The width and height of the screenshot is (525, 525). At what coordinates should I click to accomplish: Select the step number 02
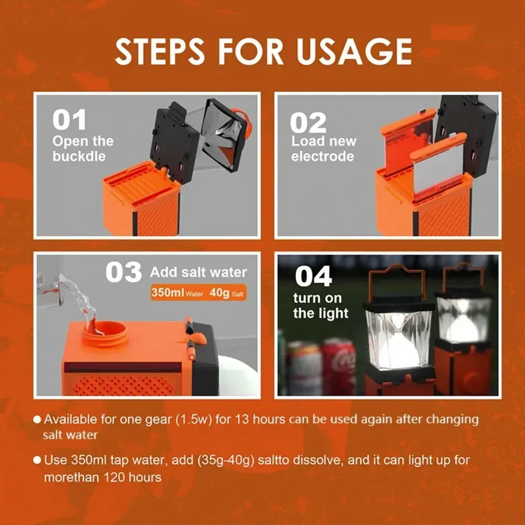point(308,123)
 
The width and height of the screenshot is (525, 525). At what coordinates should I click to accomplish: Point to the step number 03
point(123,272)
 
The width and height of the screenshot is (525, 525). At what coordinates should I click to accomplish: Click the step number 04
point(313,276)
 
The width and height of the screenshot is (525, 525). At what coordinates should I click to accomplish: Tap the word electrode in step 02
point(322,156)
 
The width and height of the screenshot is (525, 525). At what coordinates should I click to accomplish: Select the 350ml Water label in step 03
point(176,292)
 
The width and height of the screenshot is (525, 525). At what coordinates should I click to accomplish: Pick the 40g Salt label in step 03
point(226,292)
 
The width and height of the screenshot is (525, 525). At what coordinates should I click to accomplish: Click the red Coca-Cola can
point(339,365)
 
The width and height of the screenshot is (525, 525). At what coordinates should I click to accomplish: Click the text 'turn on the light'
point(320,306)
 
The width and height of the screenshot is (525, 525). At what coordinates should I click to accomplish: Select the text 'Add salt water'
point(198,272)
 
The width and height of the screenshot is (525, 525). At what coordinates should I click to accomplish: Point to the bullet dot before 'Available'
point(37,419)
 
